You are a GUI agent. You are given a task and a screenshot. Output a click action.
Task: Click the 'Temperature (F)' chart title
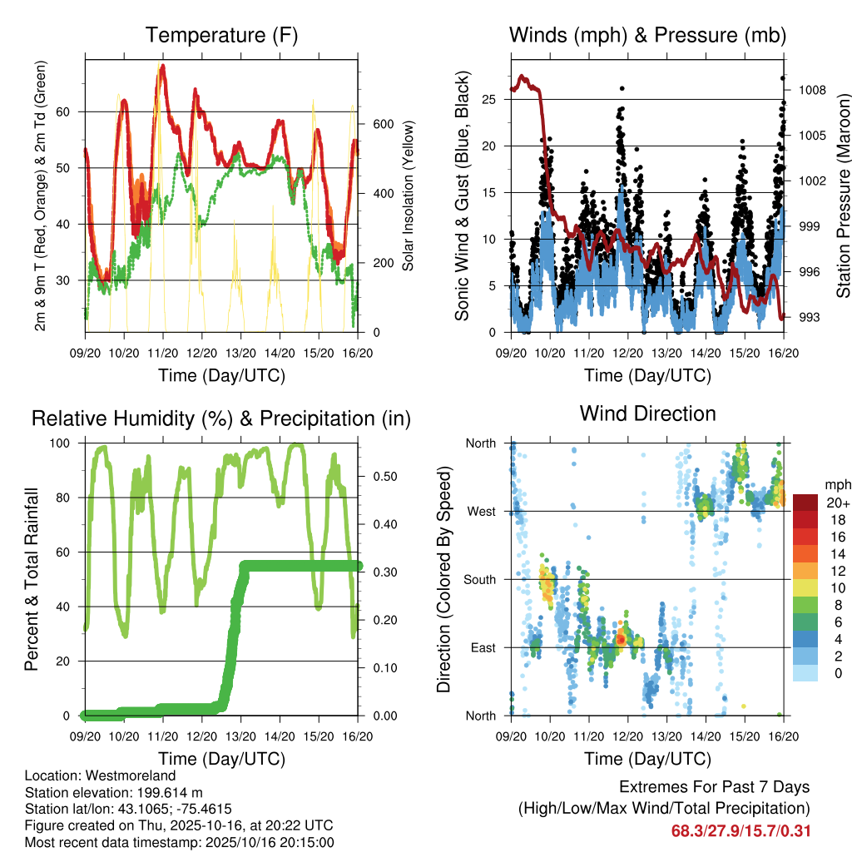(221, 35)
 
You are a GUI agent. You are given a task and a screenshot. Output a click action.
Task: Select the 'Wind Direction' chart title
(647, 414)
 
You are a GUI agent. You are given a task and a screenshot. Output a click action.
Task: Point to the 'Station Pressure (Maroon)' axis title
(843, 196)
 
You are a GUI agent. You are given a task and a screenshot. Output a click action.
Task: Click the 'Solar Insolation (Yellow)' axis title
(409, 196)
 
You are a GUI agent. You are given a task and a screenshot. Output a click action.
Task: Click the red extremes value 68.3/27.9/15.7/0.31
(741, 831)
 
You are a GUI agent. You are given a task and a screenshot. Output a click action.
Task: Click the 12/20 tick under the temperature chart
(201, 352)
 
